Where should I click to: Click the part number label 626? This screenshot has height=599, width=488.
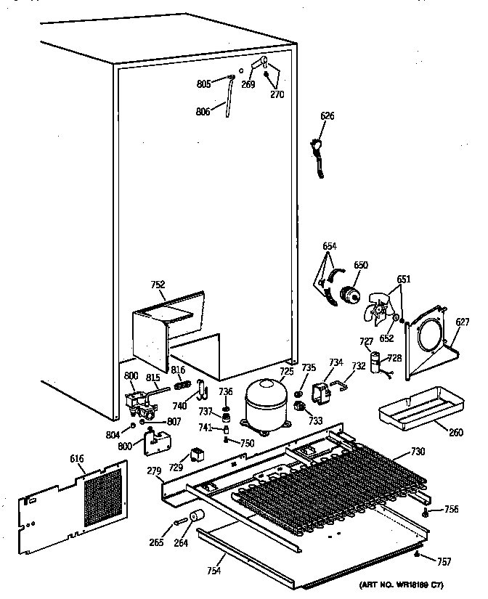[x=328, y=115]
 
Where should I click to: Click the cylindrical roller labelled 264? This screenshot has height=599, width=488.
[x=195, y=517]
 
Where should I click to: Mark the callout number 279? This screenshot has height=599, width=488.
[x=153, y=473]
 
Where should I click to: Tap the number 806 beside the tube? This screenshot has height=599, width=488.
[x=203, y=111]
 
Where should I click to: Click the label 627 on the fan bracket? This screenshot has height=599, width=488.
[x=463, y=322]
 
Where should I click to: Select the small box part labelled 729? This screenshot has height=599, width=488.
[x=196, y=455]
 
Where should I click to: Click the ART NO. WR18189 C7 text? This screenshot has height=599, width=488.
[x=400, y=585]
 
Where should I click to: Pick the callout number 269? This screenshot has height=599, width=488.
[x=248, y=84]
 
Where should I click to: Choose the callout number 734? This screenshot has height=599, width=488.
[x=335, y=362]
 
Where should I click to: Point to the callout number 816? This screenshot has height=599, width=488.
[x=178, y=370]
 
